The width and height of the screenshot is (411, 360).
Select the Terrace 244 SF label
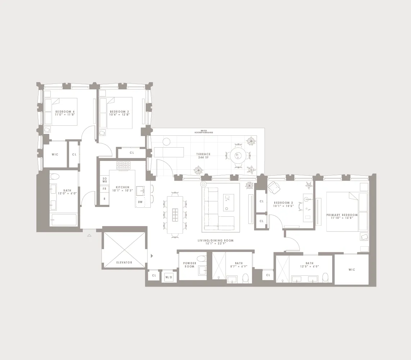click(203, 156)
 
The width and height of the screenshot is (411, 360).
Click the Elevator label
click(124, 262)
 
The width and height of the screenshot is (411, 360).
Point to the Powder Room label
click(190, 265)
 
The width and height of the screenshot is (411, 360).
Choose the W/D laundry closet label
click(168, 277)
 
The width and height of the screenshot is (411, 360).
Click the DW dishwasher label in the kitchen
click(140, 202)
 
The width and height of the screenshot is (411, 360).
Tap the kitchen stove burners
click(123, 165)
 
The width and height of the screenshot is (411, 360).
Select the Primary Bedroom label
click(342, 216)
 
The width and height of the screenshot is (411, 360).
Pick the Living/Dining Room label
click(216, 242)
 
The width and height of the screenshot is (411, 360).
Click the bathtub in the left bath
click(64, 220)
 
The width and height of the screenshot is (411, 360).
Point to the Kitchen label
click(122, 189)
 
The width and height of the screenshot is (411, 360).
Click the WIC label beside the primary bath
click(352, 270)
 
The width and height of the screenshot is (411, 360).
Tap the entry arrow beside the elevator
click(152, 256)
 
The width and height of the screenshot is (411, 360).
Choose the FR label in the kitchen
click(104, 189)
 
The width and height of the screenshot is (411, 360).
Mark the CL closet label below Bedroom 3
click(132, 153)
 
